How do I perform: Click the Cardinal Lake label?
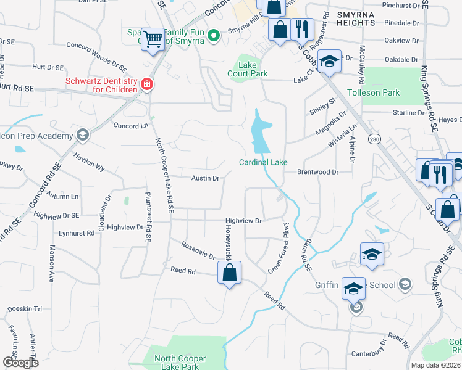(264, 162)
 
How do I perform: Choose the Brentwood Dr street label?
(319, 172)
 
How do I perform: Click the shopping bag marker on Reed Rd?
(229, 273)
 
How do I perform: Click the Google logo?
(20, 363)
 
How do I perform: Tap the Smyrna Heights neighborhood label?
(355, 18)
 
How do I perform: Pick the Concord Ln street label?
(131, 125)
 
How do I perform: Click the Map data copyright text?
(435, 365)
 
